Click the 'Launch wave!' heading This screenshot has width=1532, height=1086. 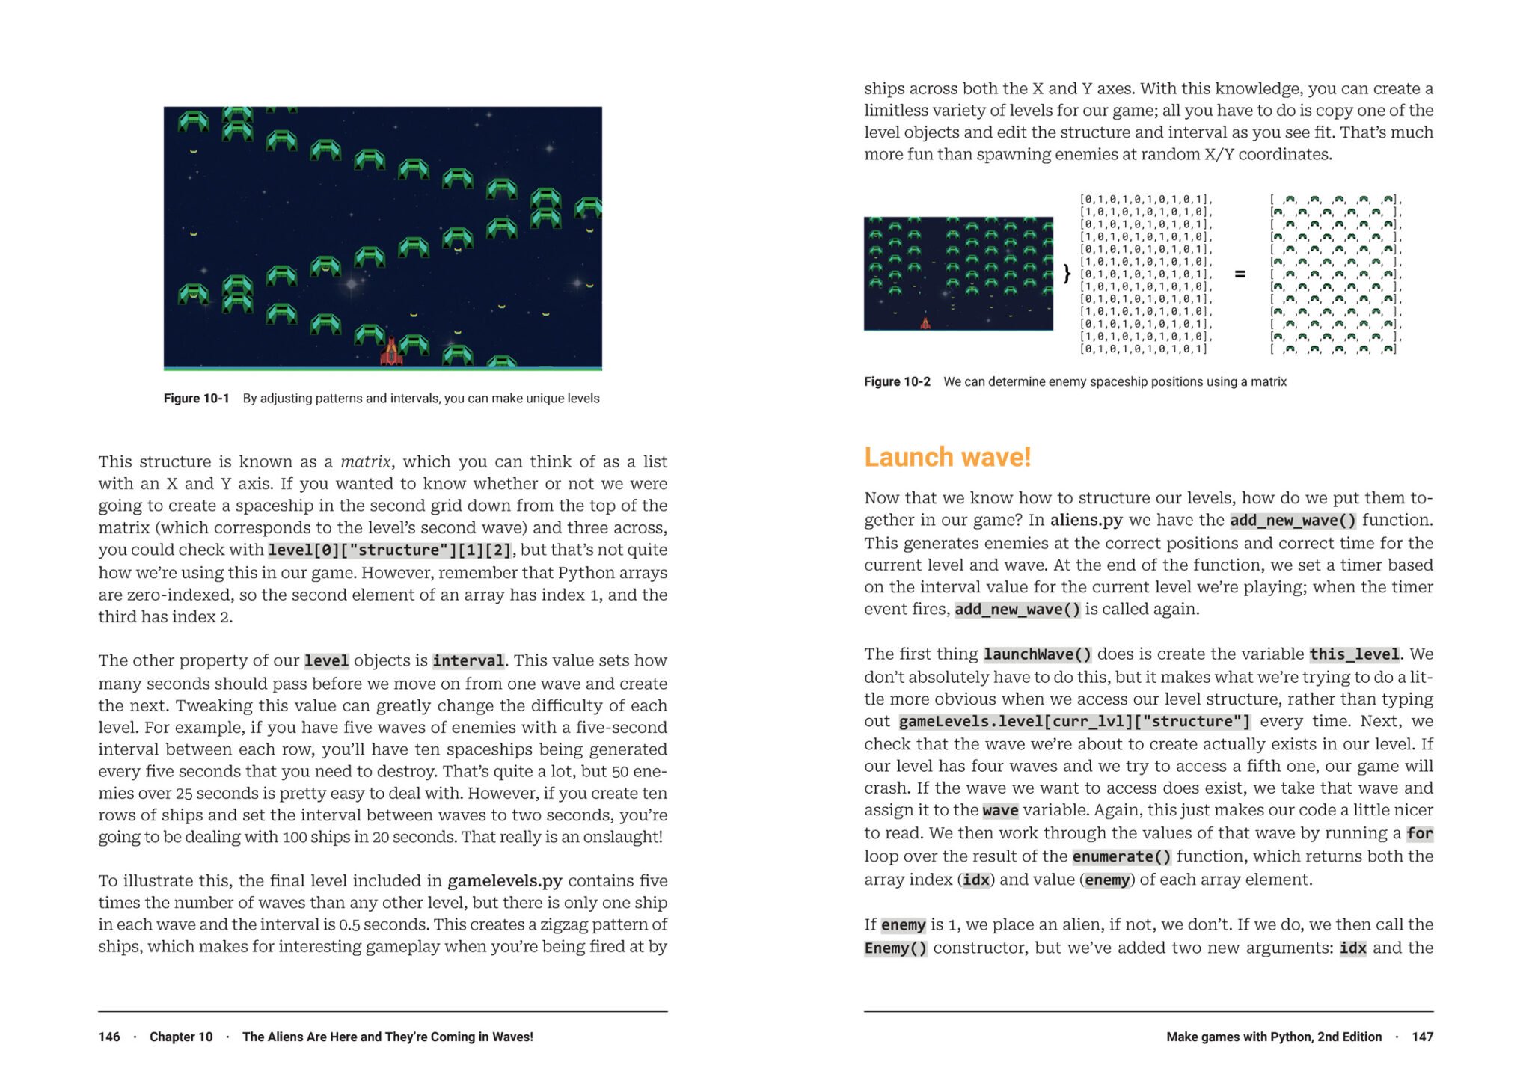click(x=947, y=457)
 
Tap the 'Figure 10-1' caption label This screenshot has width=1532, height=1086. click(x=196, y=399)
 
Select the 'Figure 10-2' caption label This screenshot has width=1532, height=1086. click(x=897, y=382)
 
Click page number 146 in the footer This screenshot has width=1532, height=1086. click(x=109, y=1037)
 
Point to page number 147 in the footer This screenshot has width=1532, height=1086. click(x=1422, y=1037)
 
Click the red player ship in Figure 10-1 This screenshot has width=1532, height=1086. click(x=391, y=352)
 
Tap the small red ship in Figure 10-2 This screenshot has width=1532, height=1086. click(x=925, y=322)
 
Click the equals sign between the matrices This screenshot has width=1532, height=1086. click(x=1240, y=274)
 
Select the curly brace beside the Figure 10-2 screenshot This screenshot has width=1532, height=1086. click(x=1067, y=274)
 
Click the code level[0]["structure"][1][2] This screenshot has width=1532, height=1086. click(x=390, y=550)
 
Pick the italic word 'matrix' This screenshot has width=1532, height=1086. click(x=365, y=461)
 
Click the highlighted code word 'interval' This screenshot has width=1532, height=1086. click(x=468, y=661)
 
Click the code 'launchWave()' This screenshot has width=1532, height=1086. click(x=1038, y=654)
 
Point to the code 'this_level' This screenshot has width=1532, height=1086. click(x=1354, y=654)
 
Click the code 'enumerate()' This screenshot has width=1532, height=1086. click(x=1121, y=857)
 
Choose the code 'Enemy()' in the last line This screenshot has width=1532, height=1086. click(x=895, y=948)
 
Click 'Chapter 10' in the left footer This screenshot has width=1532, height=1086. click(x=181, y=1037)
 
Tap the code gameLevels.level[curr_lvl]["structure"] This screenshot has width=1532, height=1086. click(x=1074, y=722)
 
